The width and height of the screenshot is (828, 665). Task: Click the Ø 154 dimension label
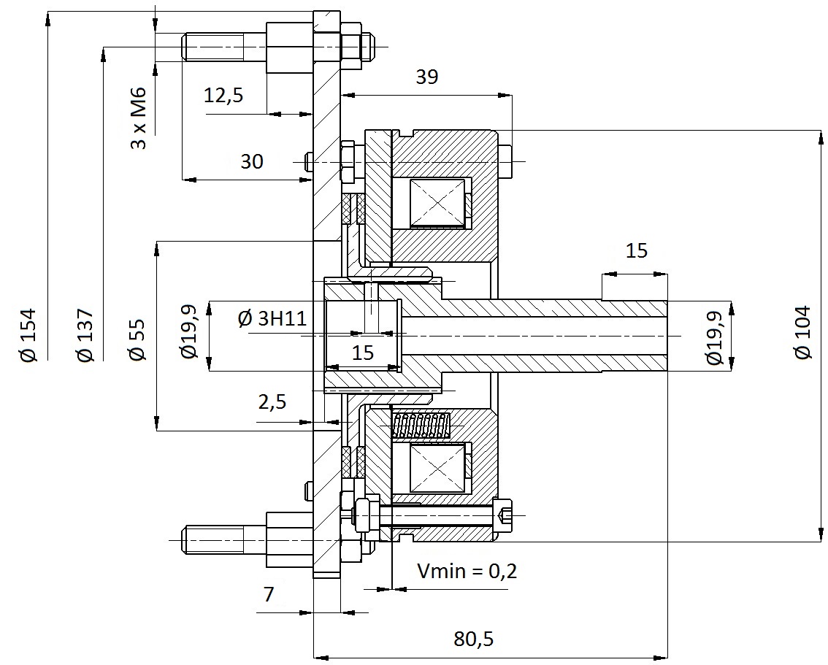[x=28, y=334]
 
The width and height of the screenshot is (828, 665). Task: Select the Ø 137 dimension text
[x=85, y=334]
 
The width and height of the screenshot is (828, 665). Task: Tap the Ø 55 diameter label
[x=137, y=339]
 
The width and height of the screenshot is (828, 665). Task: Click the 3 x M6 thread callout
[x=138, y=118]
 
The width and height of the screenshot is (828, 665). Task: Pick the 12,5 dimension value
[x=223, y=96]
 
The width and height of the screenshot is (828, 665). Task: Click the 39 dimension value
[x=426, y=77]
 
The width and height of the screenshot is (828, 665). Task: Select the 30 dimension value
[x=252, y=161]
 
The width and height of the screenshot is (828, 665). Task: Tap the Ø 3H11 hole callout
[x=272, y=318]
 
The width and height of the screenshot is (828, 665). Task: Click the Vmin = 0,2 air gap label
[x=467, y=571]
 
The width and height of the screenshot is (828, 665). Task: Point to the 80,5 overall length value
[x=474, y=639]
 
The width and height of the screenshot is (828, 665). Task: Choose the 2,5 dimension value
[x=272, y=402]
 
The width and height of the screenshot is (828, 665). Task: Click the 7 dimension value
[x=269, y=594]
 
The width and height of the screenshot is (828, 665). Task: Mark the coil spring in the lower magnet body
[x=421, y=426]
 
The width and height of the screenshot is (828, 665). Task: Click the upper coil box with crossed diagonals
[x=438, y=203]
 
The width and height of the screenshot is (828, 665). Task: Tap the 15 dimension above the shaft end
[x=636, y=250]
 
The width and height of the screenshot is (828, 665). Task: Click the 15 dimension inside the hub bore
[x=363, y=353]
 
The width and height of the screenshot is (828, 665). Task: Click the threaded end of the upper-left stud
[x=213, y=47]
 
